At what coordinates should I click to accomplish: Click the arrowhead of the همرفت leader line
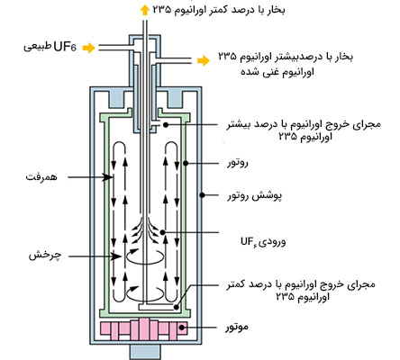[109, 180]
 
